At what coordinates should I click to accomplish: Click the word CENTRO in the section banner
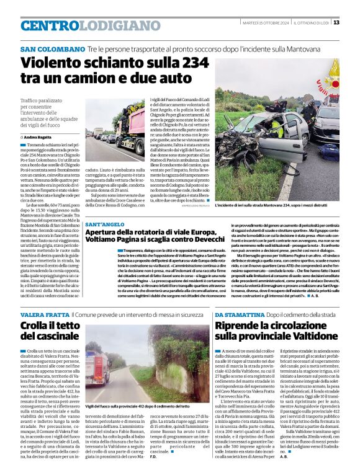[x=50, y=26]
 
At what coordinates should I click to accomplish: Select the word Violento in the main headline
[x=52, y=64]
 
